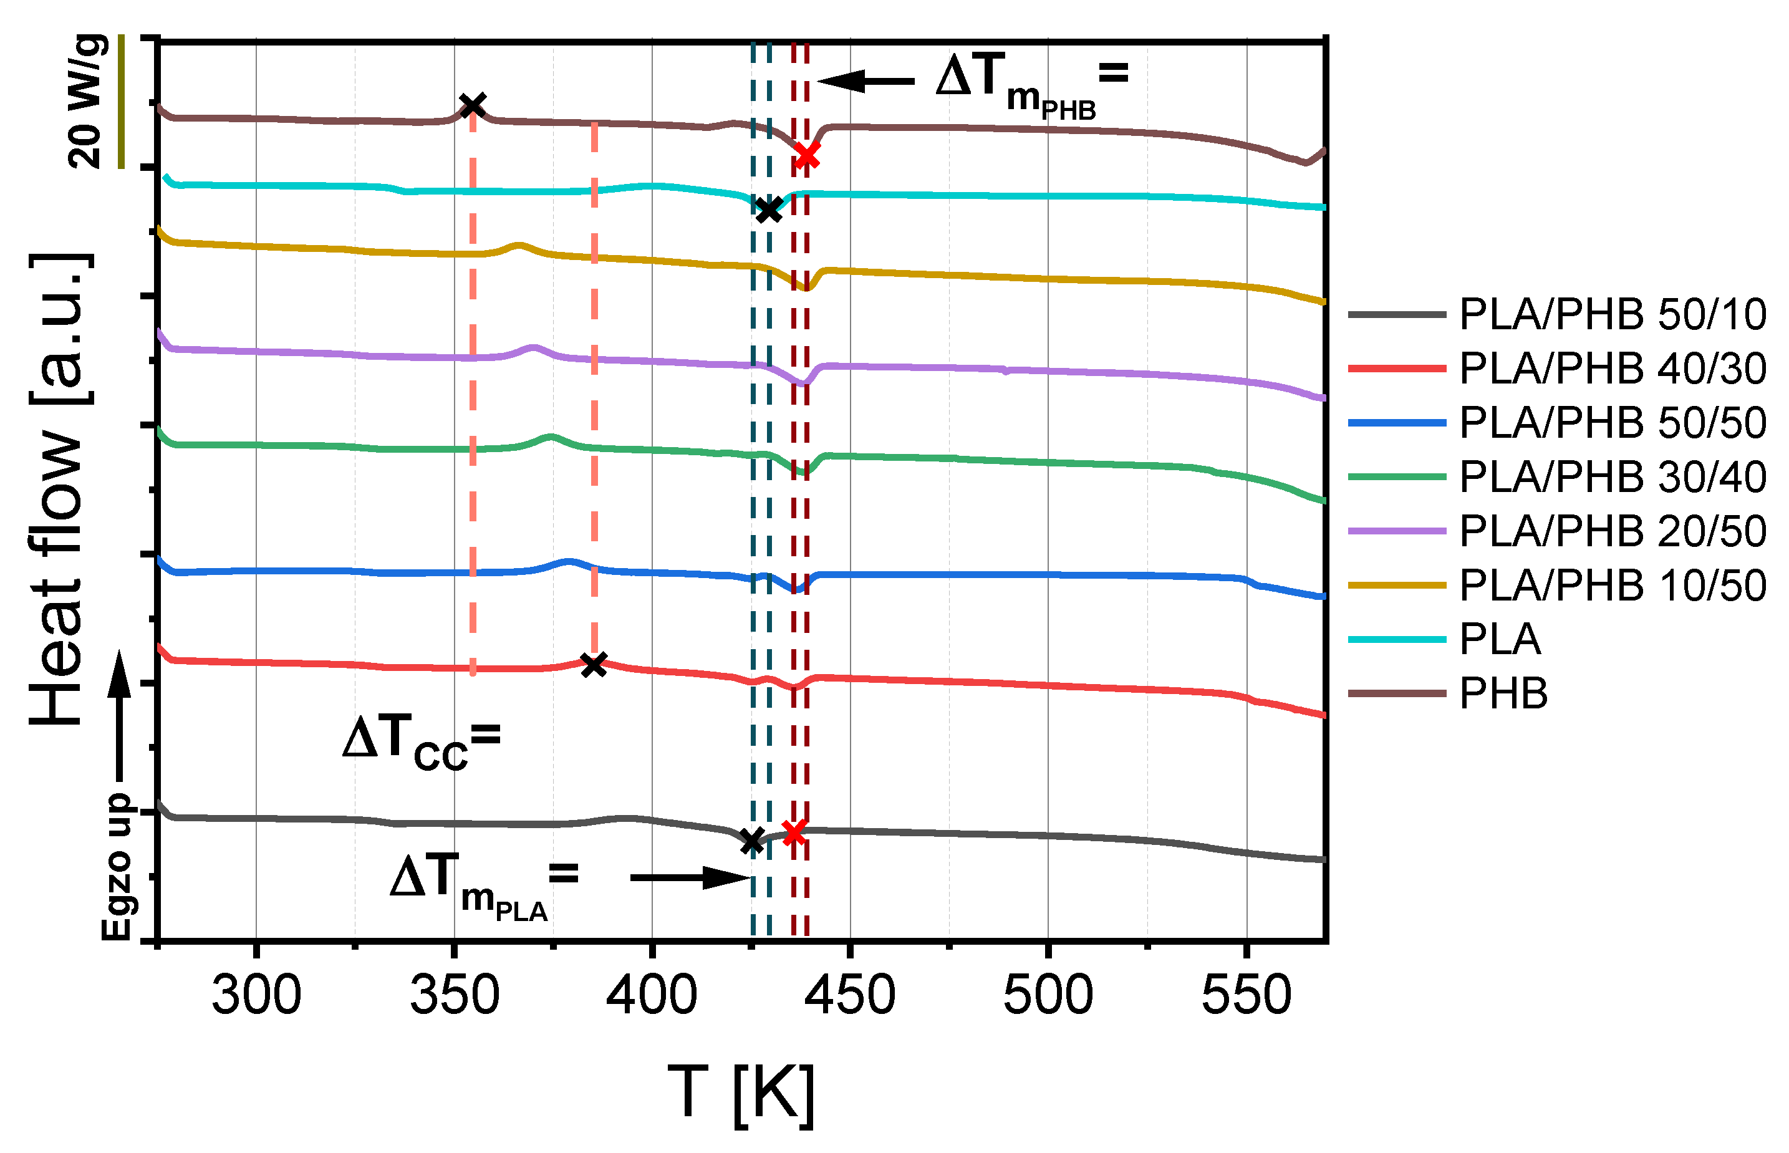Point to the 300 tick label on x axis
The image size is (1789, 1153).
[x=256, y=996]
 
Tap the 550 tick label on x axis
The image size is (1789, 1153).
[x=1247, y=996]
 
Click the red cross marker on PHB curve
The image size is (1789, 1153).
[x=806, y=155]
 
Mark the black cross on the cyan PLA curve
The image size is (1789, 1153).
[x=769, y=210]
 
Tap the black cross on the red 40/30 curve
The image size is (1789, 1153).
[x=594, y=664]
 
